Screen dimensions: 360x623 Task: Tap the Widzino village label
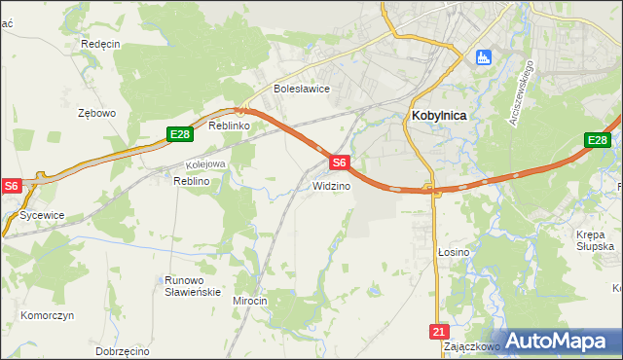[331, 185]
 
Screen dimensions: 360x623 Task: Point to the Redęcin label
[100, 45]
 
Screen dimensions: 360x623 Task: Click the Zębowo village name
[96, 113]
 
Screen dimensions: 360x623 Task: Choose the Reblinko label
[231, 126]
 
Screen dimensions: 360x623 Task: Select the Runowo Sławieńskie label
[193, 286]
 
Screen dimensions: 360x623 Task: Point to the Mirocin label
[250, 301]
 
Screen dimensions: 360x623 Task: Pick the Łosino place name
[454, 252]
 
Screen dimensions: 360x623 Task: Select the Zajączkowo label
[471, 345]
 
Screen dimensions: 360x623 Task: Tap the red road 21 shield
[437, 332]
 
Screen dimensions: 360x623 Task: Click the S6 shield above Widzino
[339, 163]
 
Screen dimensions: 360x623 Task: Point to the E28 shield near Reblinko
[178, 135]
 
